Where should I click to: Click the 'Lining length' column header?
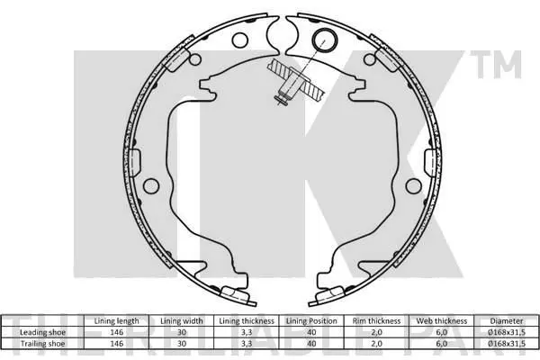[x=116, y=321]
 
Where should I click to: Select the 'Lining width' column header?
[x=182, y=321]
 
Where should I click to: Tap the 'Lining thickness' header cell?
[x=247, y=321]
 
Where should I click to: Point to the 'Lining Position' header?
[x=311, y=321]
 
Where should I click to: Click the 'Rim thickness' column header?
[x=376, y=321]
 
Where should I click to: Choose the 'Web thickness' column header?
[x=442, y=321]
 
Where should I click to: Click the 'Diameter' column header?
[x=507, y=321]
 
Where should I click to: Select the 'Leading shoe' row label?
[x=42, y=332]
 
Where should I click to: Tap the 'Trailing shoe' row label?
[x=42, y=344]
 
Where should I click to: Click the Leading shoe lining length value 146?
[x=116, y=332]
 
